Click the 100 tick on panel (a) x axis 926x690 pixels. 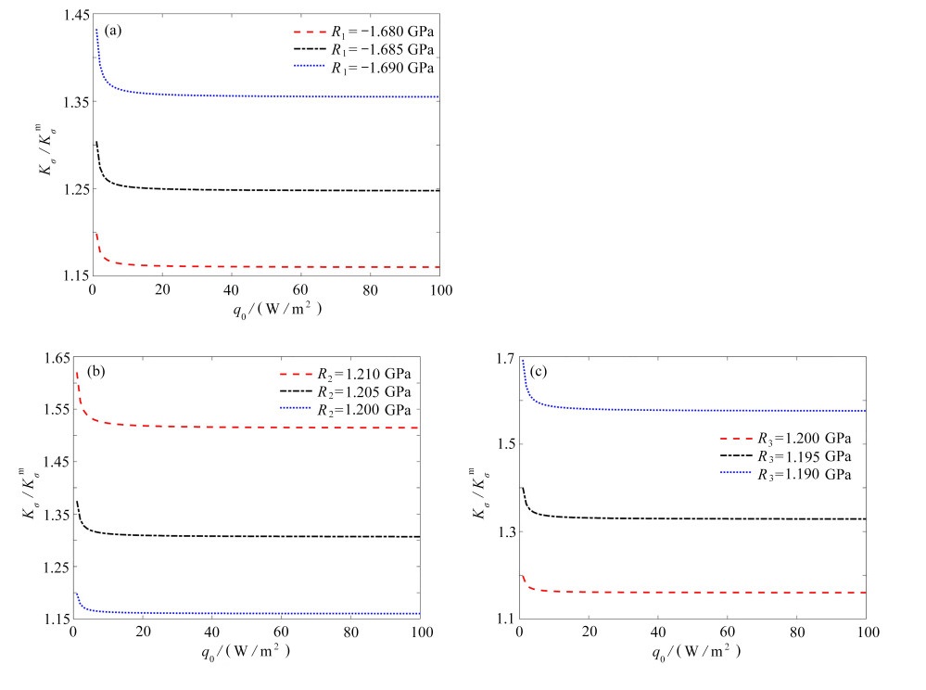pyautogui.click(x=439, y=290)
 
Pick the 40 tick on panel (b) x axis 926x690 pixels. pyautogui.click(x=211, y=633)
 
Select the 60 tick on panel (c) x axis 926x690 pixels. pyautogui.click(x=727, y=633)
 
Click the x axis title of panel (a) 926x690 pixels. pyautogui.click(x=266, y=311)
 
